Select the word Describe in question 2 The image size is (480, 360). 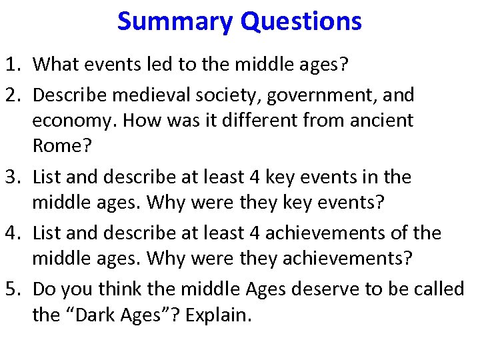point(70,95)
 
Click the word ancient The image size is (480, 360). point(385,121)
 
